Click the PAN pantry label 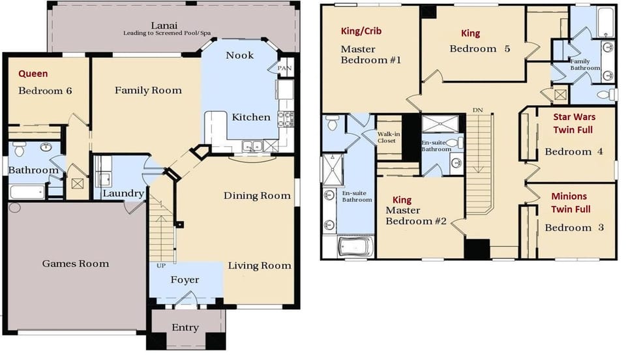coord(284,68)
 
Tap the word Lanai coord(164,25)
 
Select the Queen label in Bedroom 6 coord(33,74)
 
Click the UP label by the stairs coord(161,265)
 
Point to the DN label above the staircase coord(477,110)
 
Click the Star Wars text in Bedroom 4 coord(574,117)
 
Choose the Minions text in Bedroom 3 coord(569,196)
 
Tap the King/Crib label coord(361,31)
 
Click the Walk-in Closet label coord(388,138)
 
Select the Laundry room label coord(123,194)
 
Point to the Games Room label coord(76,264)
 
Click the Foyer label coord(185,280)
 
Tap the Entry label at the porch coord(185,327)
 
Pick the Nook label coord(239,55)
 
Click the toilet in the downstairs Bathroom coord(19,149)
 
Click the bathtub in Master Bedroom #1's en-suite coord(355,247)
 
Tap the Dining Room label coord(257,196)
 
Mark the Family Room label coord(148,91)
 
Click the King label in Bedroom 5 coord(470,33)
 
